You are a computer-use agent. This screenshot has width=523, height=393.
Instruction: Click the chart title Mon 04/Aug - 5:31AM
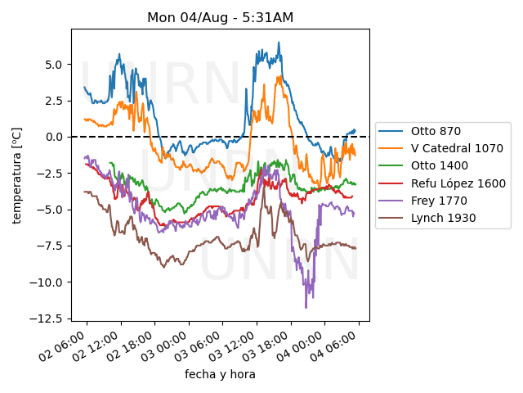tap(220, 17)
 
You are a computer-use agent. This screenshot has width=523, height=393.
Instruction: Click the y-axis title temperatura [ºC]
tap(16, 174)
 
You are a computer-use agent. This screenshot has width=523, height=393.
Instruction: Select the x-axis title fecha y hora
tap(220, 374)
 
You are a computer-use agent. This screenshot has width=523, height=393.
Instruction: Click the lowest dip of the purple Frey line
tap(306, 308)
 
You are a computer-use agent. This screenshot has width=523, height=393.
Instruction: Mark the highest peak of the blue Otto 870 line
tap(279, 43)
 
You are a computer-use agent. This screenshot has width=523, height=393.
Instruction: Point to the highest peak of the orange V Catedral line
tap(279, 76)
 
